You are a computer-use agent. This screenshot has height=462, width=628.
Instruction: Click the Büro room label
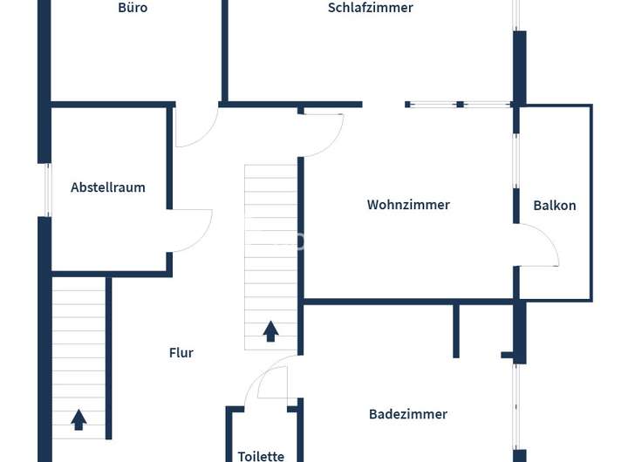(x=133, y=8)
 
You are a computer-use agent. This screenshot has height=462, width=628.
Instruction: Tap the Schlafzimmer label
(x=370, y=8)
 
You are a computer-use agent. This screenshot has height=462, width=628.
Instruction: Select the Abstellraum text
(x=108, y=187)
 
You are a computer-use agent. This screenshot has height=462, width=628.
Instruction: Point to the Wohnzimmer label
(x=408, y=205)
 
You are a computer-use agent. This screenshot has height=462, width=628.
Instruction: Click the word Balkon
(x=555, y=206)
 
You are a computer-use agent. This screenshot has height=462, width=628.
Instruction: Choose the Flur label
(x=181, y=353)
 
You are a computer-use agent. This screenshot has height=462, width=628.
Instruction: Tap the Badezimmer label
(x=408, y=414)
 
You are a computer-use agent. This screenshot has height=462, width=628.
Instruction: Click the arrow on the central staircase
(x=270, y=330)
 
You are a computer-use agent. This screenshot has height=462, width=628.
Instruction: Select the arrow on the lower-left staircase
(x=78, y=419)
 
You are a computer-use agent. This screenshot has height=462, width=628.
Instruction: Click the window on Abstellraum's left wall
(x=48, y=190)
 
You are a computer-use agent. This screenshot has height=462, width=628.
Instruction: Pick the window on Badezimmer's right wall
(x=516, y=405)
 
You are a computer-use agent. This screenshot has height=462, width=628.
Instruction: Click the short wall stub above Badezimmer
(x=455, y=330)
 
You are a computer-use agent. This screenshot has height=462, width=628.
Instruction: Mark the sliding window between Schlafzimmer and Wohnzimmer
(x=459, y=105)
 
